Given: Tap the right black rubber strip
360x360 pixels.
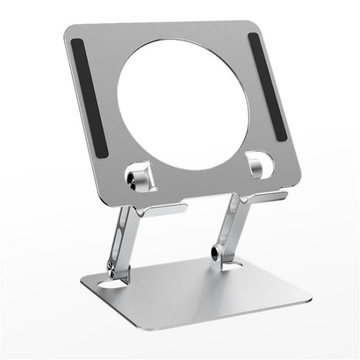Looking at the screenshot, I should (x=267, y=86).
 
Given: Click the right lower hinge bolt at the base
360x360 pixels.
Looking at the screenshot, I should (x=216, y=252).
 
